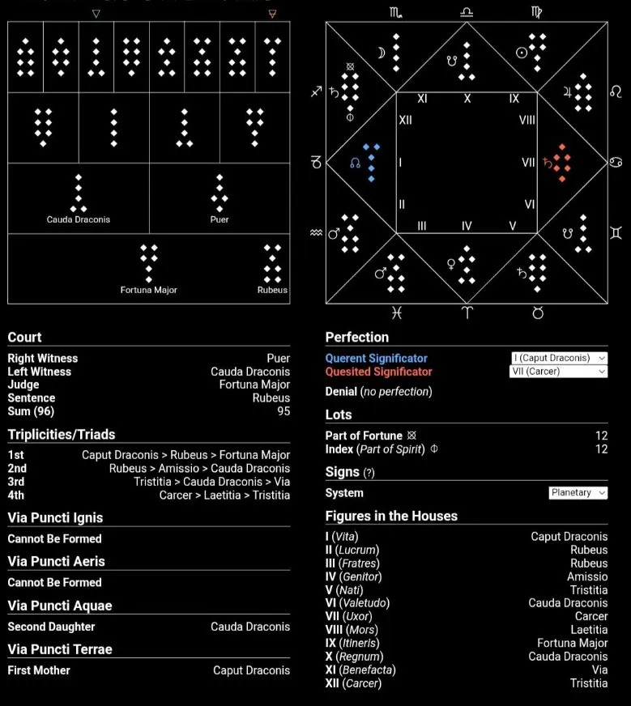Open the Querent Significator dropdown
tap(558, 358)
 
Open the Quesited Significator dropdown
tap(558, 372)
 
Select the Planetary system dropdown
tap(578, 492)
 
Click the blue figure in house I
tap(371, 163)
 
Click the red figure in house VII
tap(561, 163)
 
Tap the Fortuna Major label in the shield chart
tap(148, 290)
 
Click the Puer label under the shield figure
tap(219, 219)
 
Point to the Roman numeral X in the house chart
tap(467, 99)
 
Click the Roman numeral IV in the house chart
tap(467, 226)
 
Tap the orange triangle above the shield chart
tap(272, 14)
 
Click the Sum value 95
tap(283, 411)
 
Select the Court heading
tap(24, 337)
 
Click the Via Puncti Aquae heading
tap(59, 606)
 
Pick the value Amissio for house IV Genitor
tap(587, 576)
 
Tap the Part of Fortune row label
tap(364, 436)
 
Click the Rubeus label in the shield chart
tap(272, 290)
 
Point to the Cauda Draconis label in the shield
tap(79, 219)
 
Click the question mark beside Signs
tap(369, 473)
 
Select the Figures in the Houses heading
tap(391, 516)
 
